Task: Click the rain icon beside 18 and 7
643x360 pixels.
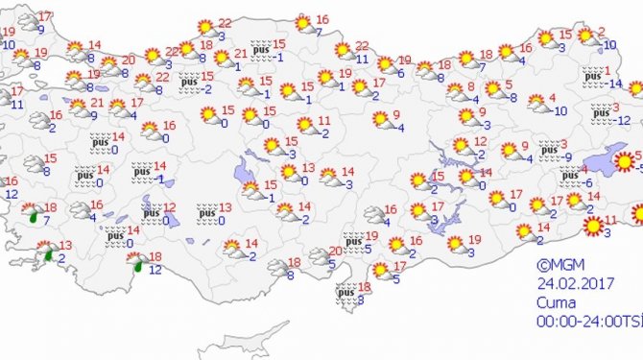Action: (34, 215)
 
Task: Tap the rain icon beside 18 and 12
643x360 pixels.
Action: (138, 263)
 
